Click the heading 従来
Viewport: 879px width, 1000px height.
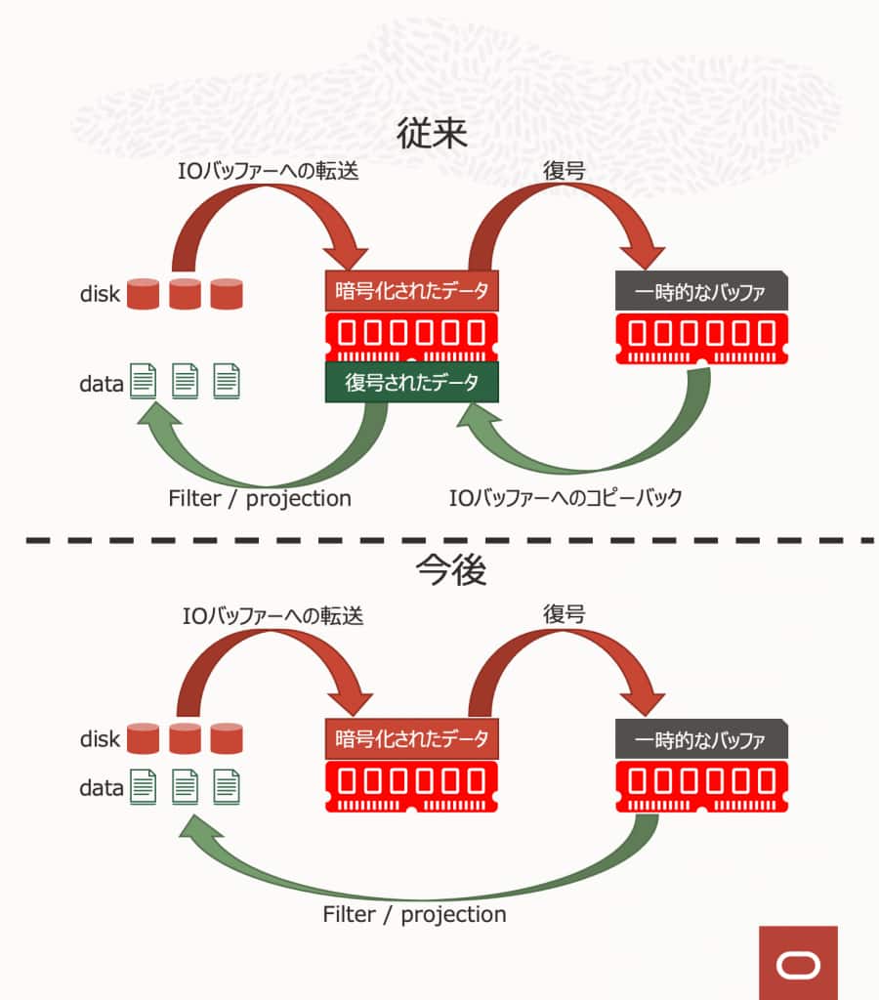click(x=432, y=133)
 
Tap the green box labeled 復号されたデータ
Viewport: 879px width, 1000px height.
click(x=411, y=382)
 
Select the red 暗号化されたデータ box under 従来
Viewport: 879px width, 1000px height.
click(x=411, y=290)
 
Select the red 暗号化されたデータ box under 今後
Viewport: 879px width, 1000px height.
click(x=411, y=739)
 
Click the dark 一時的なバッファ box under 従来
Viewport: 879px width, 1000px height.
click(x=700, y=291)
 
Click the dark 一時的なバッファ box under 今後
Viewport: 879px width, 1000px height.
click(x=700, y=739)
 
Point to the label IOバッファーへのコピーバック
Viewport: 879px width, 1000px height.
click(x=565, y=497)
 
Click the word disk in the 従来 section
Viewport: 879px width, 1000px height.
click(x=100, y=294)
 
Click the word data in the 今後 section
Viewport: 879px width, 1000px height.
click(x=102, y=786)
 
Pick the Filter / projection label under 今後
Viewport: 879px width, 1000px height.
click(x=414, y=914)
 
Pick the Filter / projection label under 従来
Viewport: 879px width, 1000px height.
click(x=259, y=497)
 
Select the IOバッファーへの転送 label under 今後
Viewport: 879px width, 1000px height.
click(x=272, y=616)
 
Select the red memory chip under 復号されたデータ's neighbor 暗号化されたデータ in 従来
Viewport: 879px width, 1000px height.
click(x=411, y=335)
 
